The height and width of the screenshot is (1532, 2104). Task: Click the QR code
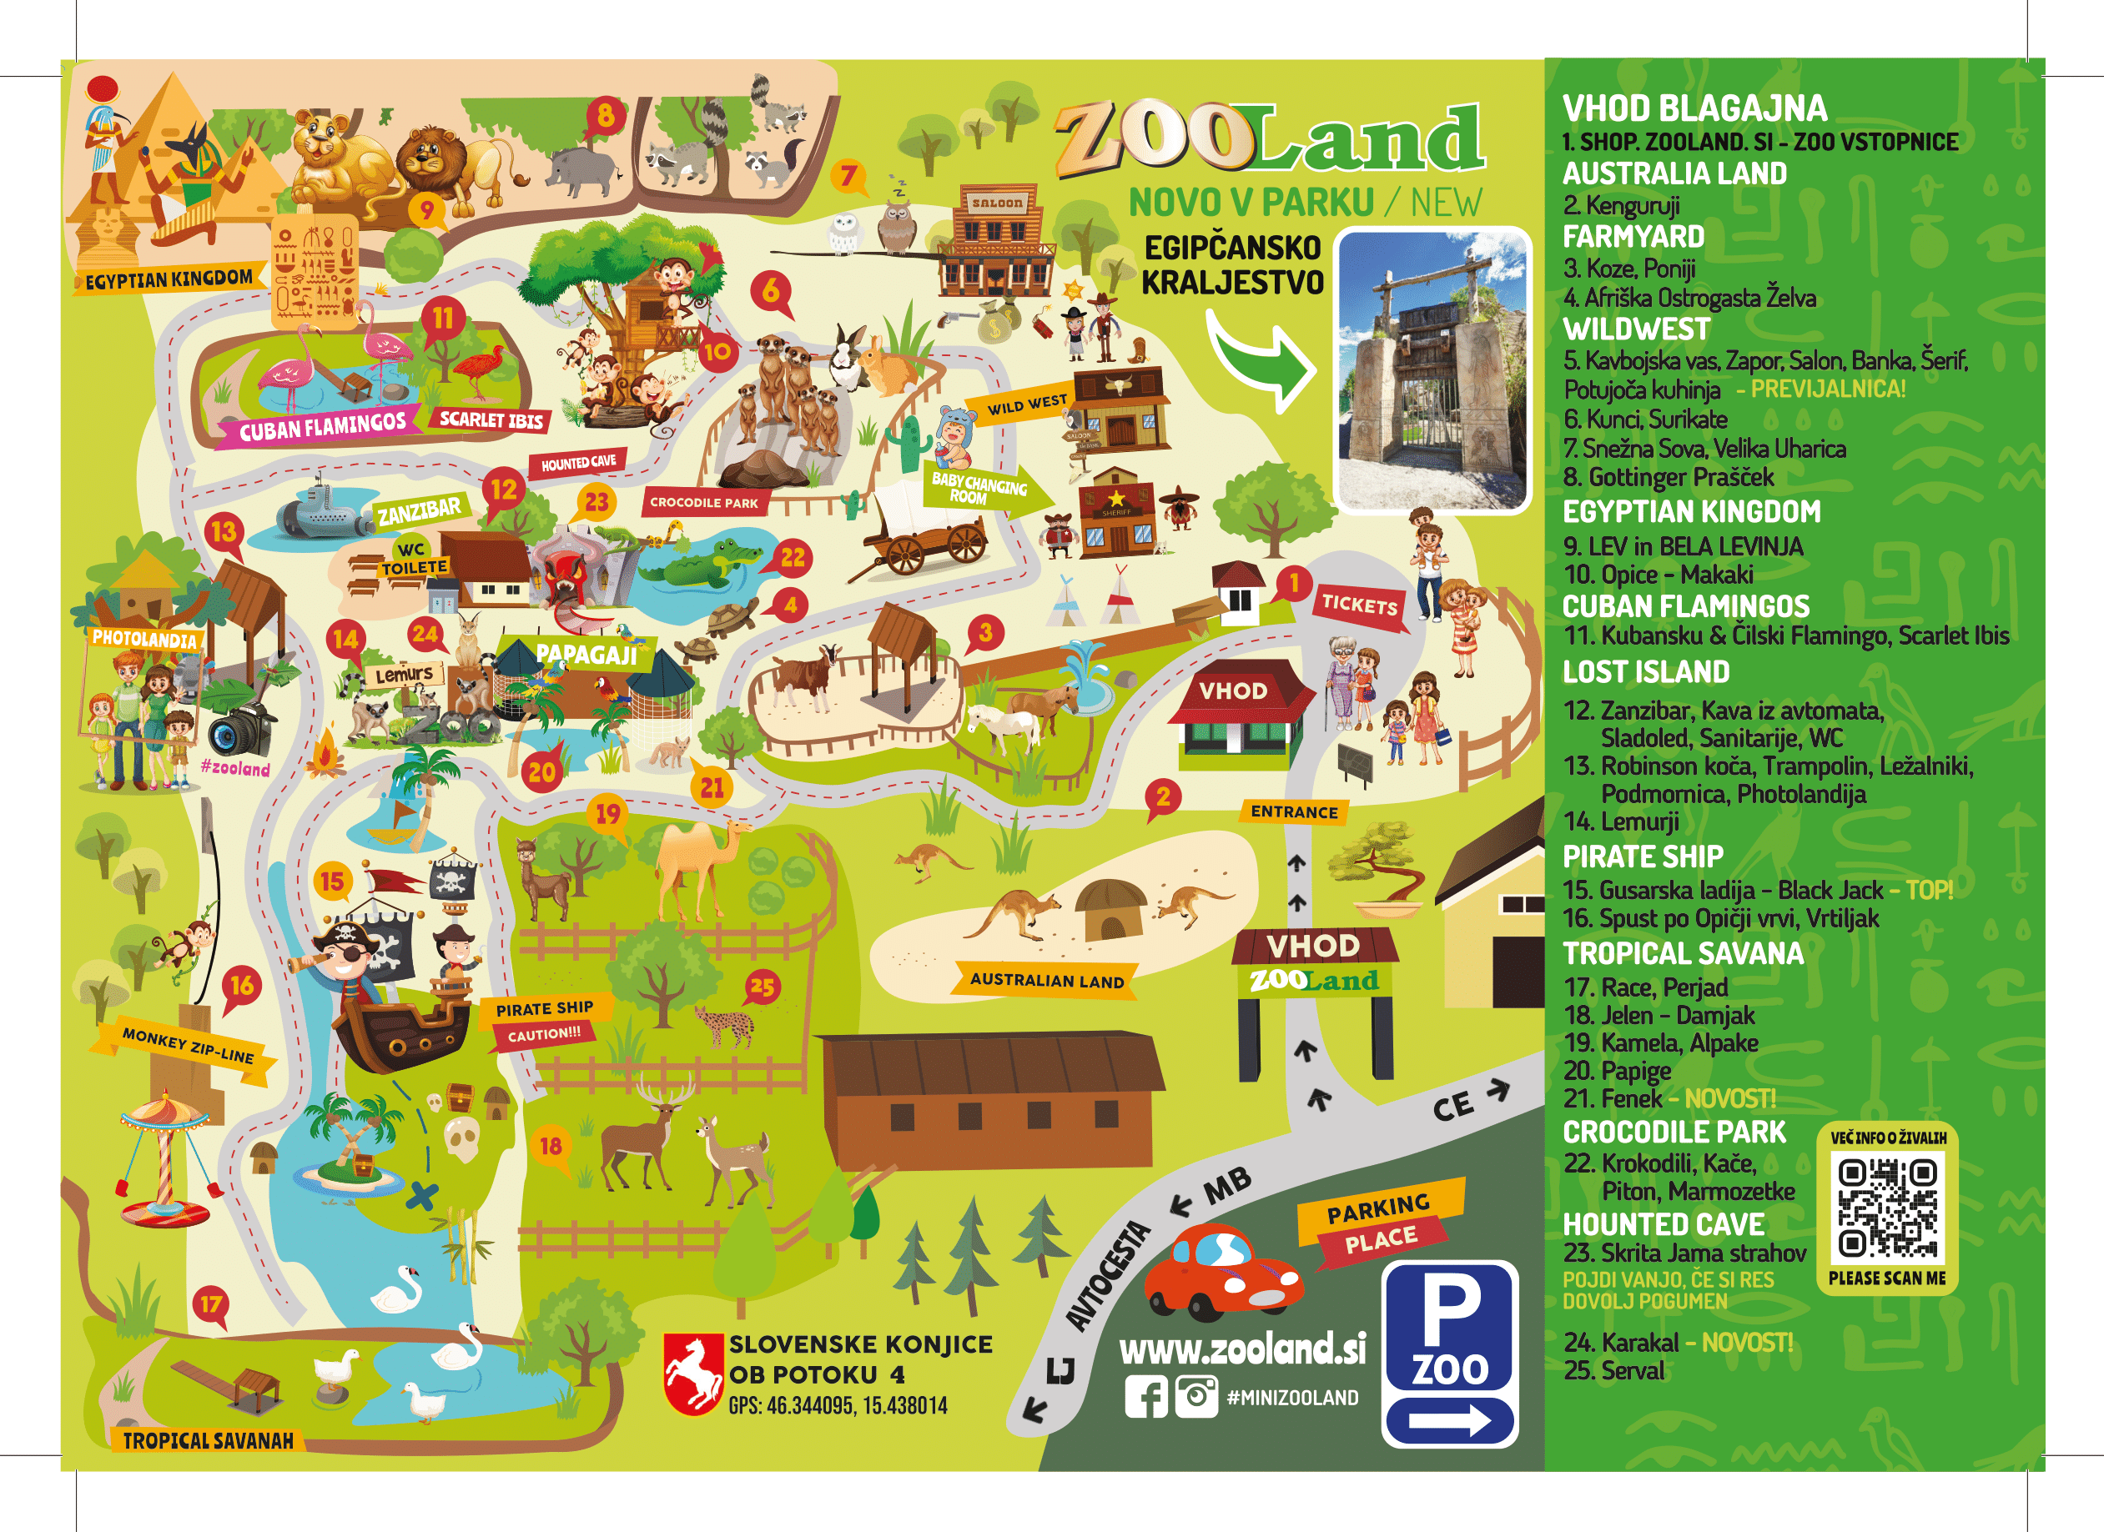coord(1888,1208)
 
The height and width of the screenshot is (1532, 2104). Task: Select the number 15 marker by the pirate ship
coord(332,882)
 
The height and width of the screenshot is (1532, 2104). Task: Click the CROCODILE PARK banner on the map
coord(703,503)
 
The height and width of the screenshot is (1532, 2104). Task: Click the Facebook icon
coord(1145,1397)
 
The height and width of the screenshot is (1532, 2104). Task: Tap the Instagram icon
coord(1195,1397)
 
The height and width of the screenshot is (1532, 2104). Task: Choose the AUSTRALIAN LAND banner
coord(1046,980)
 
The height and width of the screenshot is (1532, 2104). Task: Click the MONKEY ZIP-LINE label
coord(188,1045)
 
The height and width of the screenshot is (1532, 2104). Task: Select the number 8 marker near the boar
coord(605,116)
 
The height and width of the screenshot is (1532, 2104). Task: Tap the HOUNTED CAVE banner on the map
coord(578,462)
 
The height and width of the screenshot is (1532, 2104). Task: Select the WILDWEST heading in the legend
coord(1635,329)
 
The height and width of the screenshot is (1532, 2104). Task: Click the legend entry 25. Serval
coord(1614,1371)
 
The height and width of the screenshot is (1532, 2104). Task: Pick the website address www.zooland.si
coord(1242,1349)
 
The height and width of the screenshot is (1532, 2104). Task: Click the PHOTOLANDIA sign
coord(143,638)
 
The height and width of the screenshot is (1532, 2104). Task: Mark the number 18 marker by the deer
coord(551,1146)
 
